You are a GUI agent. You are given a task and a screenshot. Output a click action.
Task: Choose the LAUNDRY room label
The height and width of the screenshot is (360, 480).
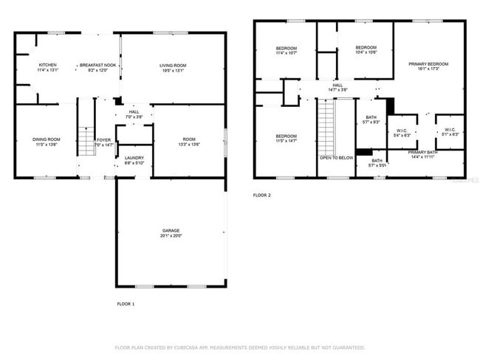point(134,158)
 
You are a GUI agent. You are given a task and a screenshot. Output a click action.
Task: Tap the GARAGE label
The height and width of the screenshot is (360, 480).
point(171,230)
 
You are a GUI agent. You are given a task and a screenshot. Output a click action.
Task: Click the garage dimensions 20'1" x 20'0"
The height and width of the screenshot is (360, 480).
point(171,236)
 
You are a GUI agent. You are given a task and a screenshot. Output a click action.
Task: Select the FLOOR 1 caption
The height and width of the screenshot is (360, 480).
point(126,304)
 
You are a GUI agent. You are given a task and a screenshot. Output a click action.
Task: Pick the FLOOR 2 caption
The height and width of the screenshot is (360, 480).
point(262,195)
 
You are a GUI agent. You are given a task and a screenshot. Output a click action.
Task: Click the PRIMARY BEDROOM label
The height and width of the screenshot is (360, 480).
point(428,64)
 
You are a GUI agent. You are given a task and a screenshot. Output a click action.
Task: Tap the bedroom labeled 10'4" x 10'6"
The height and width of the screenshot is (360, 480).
point(366,49)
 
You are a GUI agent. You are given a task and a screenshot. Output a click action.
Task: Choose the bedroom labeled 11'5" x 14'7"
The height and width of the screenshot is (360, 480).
point(286,138)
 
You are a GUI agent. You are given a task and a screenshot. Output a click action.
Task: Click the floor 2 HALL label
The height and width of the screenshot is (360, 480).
point(337,86)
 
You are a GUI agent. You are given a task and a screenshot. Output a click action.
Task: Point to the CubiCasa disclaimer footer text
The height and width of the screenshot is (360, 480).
point(239,347)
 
